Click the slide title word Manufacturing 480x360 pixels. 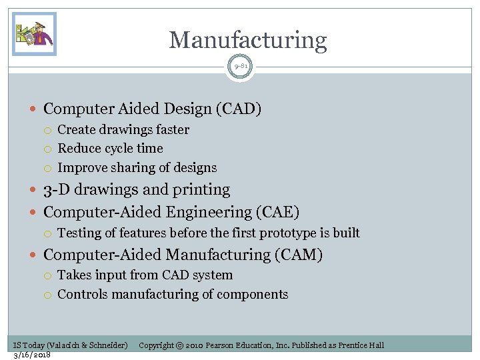(248, 41)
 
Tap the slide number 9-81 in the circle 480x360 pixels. (240, 66)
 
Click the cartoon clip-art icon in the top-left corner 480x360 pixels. (34, 34)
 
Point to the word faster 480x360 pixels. (171, 129)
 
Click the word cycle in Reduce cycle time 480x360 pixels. (119, 148)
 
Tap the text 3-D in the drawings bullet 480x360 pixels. (56, 190)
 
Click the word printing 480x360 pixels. (201, 190)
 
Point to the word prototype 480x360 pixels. (287, 233)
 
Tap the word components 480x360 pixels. (256, 294)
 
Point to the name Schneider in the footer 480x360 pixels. (108, 345)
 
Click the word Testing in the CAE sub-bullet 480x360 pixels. (79, 233)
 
